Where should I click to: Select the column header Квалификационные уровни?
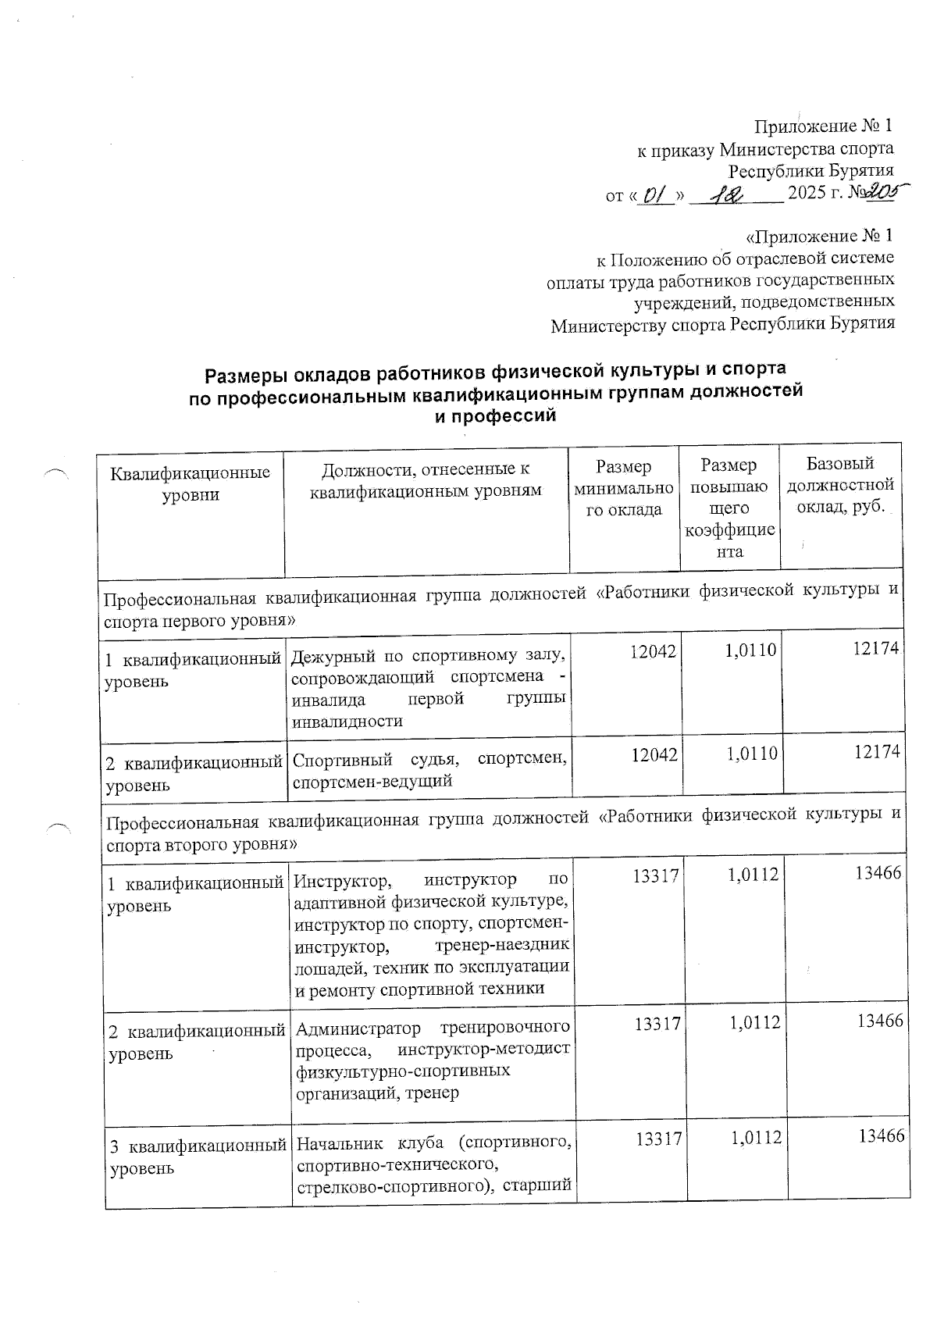(x=191, y=483)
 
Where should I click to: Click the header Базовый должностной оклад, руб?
(x=839, y=484)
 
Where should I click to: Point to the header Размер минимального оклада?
(x=623, y=488)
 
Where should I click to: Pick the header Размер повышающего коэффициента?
(x=729, y=508)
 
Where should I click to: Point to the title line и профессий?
(x=495, y=416)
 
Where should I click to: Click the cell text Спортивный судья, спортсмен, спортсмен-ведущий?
(x=429, y=768)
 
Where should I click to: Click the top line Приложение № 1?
(x=822, y=127)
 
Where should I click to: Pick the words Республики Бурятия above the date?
(x=811, y=170)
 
